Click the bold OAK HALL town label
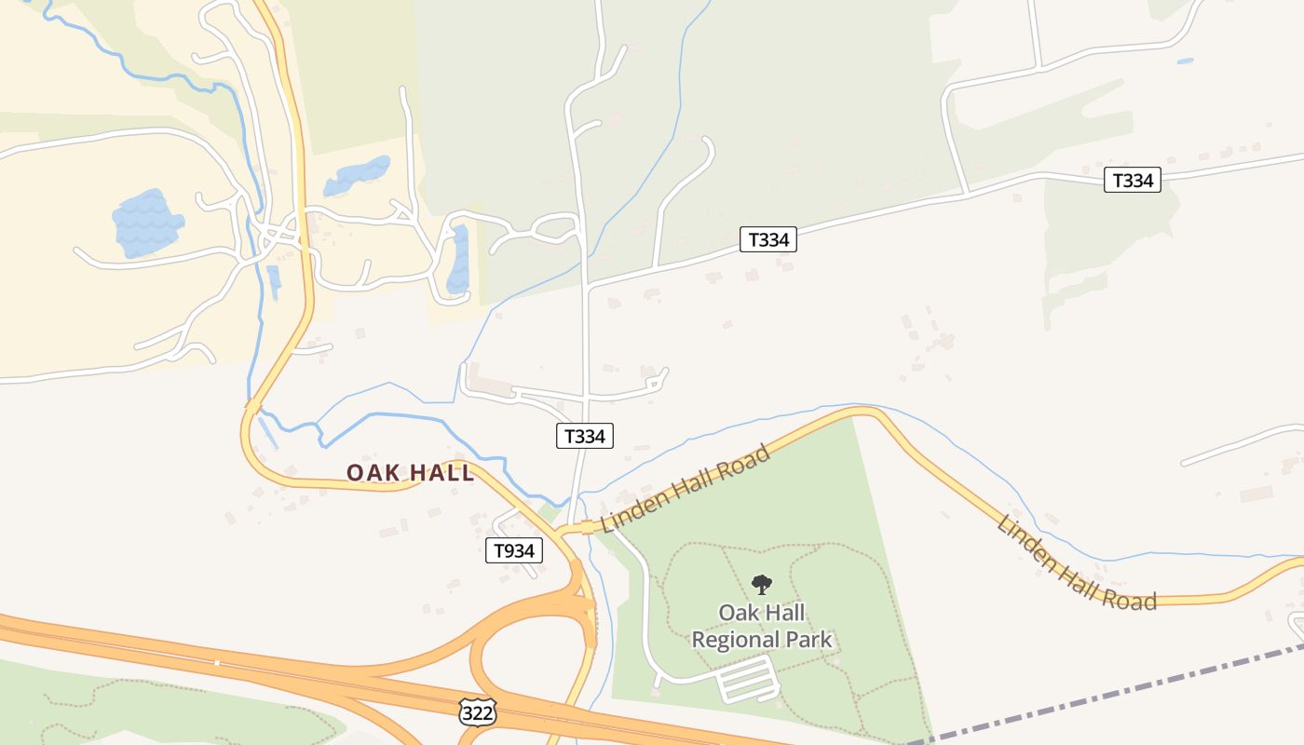click(x=411, y=472)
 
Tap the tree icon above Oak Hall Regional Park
click(x=762, y=585)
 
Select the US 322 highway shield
click(x=476, y=712)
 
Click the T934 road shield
click(x=513, y=550)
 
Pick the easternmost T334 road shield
click(x=1133, y=180)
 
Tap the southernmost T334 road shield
click(x=585, y=435)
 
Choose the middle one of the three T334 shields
click(x=768, y=239)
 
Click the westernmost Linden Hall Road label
click(x=686, y=489)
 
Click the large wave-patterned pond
click(x=146, y=223)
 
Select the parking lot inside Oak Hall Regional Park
click(x=748, y=679)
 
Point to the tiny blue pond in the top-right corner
click(x=1185, y=61)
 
